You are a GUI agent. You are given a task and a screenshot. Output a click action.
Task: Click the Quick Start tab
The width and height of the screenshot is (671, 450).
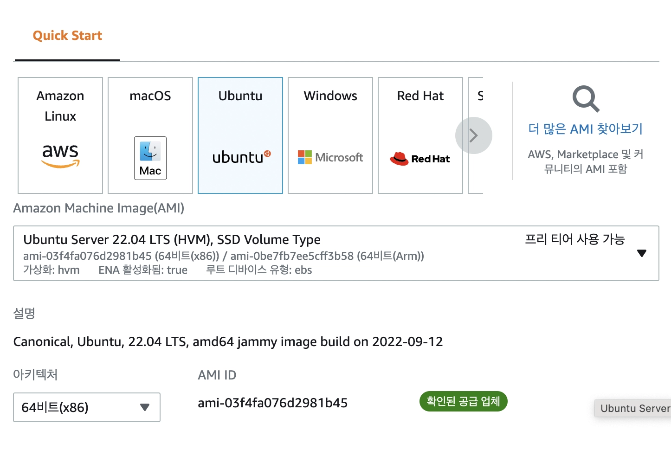tap(67, 36)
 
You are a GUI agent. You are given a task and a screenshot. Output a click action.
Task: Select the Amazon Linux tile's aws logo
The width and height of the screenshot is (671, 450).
tap(60, 155)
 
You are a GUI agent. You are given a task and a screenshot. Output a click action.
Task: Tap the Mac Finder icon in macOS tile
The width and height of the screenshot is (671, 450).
tap(150, 151)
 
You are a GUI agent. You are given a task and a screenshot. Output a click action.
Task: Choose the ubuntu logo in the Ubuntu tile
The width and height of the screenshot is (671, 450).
tap(241, 157)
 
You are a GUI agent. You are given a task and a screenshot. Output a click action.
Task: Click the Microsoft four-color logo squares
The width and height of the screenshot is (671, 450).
tap(305, 157)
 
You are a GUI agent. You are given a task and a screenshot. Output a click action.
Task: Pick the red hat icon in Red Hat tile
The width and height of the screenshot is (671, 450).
tap(399, 159)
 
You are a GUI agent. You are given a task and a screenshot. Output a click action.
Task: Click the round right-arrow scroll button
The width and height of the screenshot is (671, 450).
tap(473, 135)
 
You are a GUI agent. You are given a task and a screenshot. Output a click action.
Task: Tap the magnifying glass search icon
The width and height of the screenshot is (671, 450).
tap(586, 98)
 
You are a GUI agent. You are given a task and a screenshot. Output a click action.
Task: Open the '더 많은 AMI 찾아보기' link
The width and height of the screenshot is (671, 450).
tap(585, 129)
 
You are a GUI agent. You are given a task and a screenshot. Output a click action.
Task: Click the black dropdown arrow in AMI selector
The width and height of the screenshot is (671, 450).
tap(642, 253)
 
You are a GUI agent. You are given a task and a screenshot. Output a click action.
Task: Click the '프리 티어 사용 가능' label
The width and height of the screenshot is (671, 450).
tap(574, 239)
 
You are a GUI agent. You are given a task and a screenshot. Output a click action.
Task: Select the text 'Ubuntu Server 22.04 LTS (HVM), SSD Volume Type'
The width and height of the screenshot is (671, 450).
tap(172, 239)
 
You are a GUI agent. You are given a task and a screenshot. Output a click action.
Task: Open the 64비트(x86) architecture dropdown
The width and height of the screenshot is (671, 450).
tap(87, 407)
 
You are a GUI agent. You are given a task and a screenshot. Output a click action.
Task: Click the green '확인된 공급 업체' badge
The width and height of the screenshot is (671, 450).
tap(463, 401)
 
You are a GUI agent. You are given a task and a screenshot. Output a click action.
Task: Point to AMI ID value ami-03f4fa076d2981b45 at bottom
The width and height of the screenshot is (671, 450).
tap(272, 403)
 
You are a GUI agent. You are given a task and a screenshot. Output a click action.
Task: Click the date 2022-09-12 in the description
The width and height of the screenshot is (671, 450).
tap(407, 342)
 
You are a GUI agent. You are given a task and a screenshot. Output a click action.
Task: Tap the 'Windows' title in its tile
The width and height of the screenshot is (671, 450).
tap(330, 96)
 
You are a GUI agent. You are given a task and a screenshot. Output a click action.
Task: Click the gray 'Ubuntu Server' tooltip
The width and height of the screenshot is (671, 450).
tap(634, 408)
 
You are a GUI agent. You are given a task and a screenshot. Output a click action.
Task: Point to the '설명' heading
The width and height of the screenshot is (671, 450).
tap(24, 313)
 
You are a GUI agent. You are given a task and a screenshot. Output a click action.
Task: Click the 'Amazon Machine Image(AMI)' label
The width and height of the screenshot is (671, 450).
tap(98, 208)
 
